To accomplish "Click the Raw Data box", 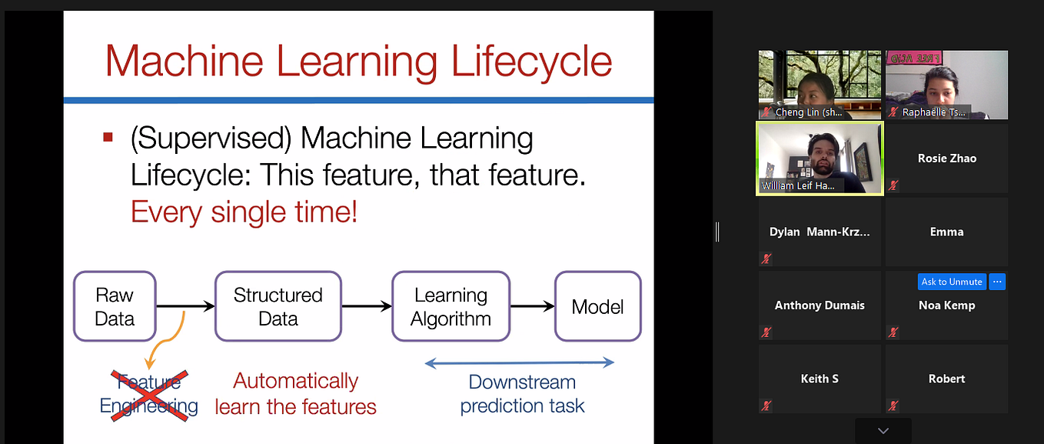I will [115, 306].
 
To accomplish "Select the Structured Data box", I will [278, 306].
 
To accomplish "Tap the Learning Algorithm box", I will [451, 306].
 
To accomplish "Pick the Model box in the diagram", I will [597, 306].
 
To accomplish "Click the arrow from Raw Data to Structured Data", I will [185, 306].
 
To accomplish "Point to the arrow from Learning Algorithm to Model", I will [532, 306].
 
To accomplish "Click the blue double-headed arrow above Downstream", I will [519, 362].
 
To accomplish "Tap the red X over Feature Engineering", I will [149, 394].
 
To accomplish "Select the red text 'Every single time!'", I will [244, 212].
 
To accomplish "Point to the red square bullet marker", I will [108, 138].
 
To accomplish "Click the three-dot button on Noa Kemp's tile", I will [997, 282].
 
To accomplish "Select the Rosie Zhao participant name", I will [946, 159].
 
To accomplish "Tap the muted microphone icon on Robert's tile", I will [893, 406].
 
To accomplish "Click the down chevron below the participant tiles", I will [883, 431].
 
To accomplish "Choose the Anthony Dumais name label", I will [820, 305].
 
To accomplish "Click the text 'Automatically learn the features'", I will [296, 394].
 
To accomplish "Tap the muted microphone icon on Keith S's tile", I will [766, 406].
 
